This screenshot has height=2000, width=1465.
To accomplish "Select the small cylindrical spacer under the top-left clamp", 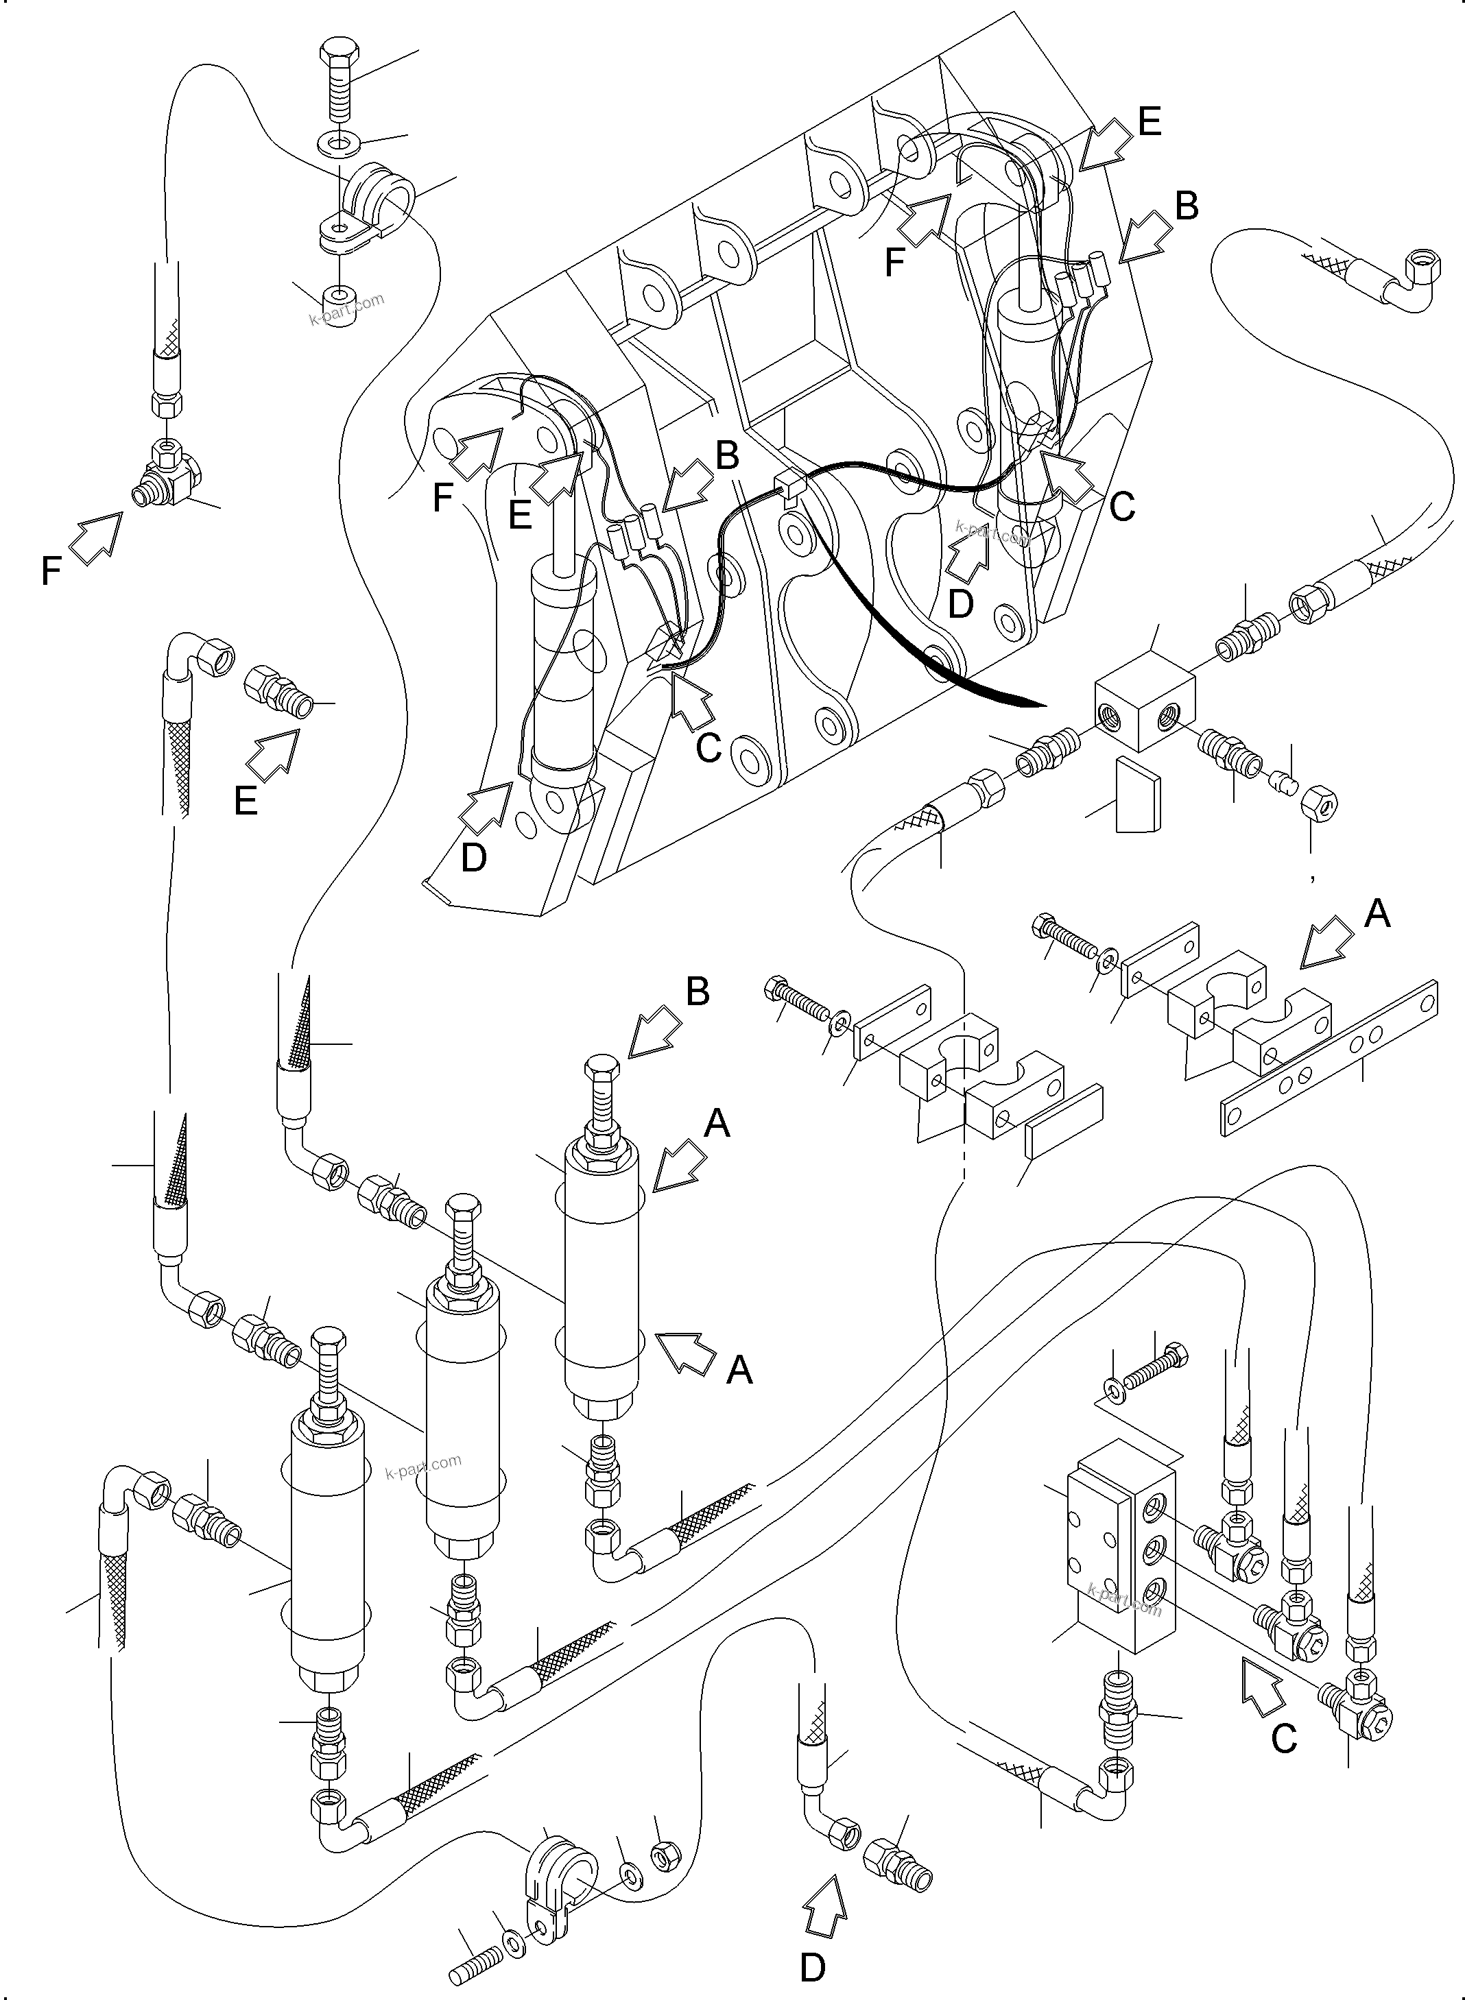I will pyautogui.click(x=335, y=296).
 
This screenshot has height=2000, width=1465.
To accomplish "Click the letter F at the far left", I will pyautogui.click(x=51, y=572).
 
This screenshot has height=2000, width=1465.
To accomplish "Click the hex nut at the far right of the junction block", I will pyautogui.click(x=1319, y=805).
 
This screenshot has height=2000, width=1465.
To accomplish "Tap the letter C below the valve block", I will pyautogui.click(x=1284, y=1739).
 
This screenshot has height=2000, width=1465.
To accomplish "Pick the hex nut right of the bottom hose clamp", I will pyautogui.click(x=664, y=1855).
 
